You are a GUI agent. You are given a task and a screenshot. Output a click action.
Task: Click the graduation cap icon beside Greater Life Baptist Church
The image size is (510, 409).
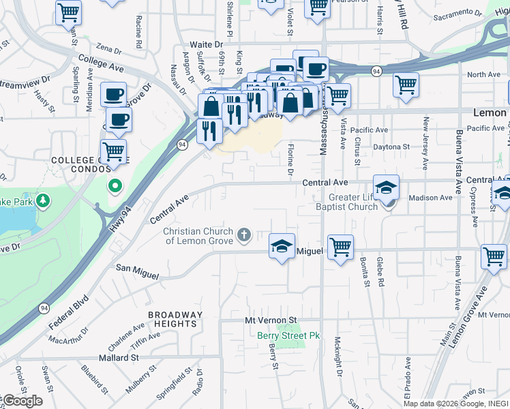click(386, 187)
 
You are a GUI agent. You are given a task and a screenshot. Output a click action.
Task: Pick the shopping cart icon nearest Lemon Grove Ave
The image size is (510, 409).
click(494, 257)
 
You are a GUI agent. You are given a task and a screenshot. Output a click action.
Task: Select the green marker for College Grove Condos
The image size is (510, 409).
click(115, 185)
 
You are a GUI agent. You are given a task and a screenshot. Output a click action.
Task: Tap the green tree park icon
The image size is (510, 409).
click(43, 200)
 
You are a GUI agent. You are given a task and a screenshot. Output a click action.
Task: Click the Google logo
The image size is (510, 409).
click(22, 401)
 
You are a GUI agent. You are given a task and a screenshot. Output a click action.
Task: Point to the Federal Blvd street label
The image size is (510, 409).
click(69, 309)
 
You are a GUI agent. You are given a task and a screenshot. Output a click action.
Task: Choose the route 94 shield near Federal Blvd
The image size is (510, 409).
click(44, 307)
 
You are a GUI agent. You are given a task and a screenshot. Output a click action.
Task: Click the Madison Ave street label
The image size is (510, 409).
click(430, 198)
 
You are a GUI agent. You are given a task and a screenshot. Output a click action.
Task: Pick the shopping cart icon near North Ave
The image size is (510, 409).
click(406, 85)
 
